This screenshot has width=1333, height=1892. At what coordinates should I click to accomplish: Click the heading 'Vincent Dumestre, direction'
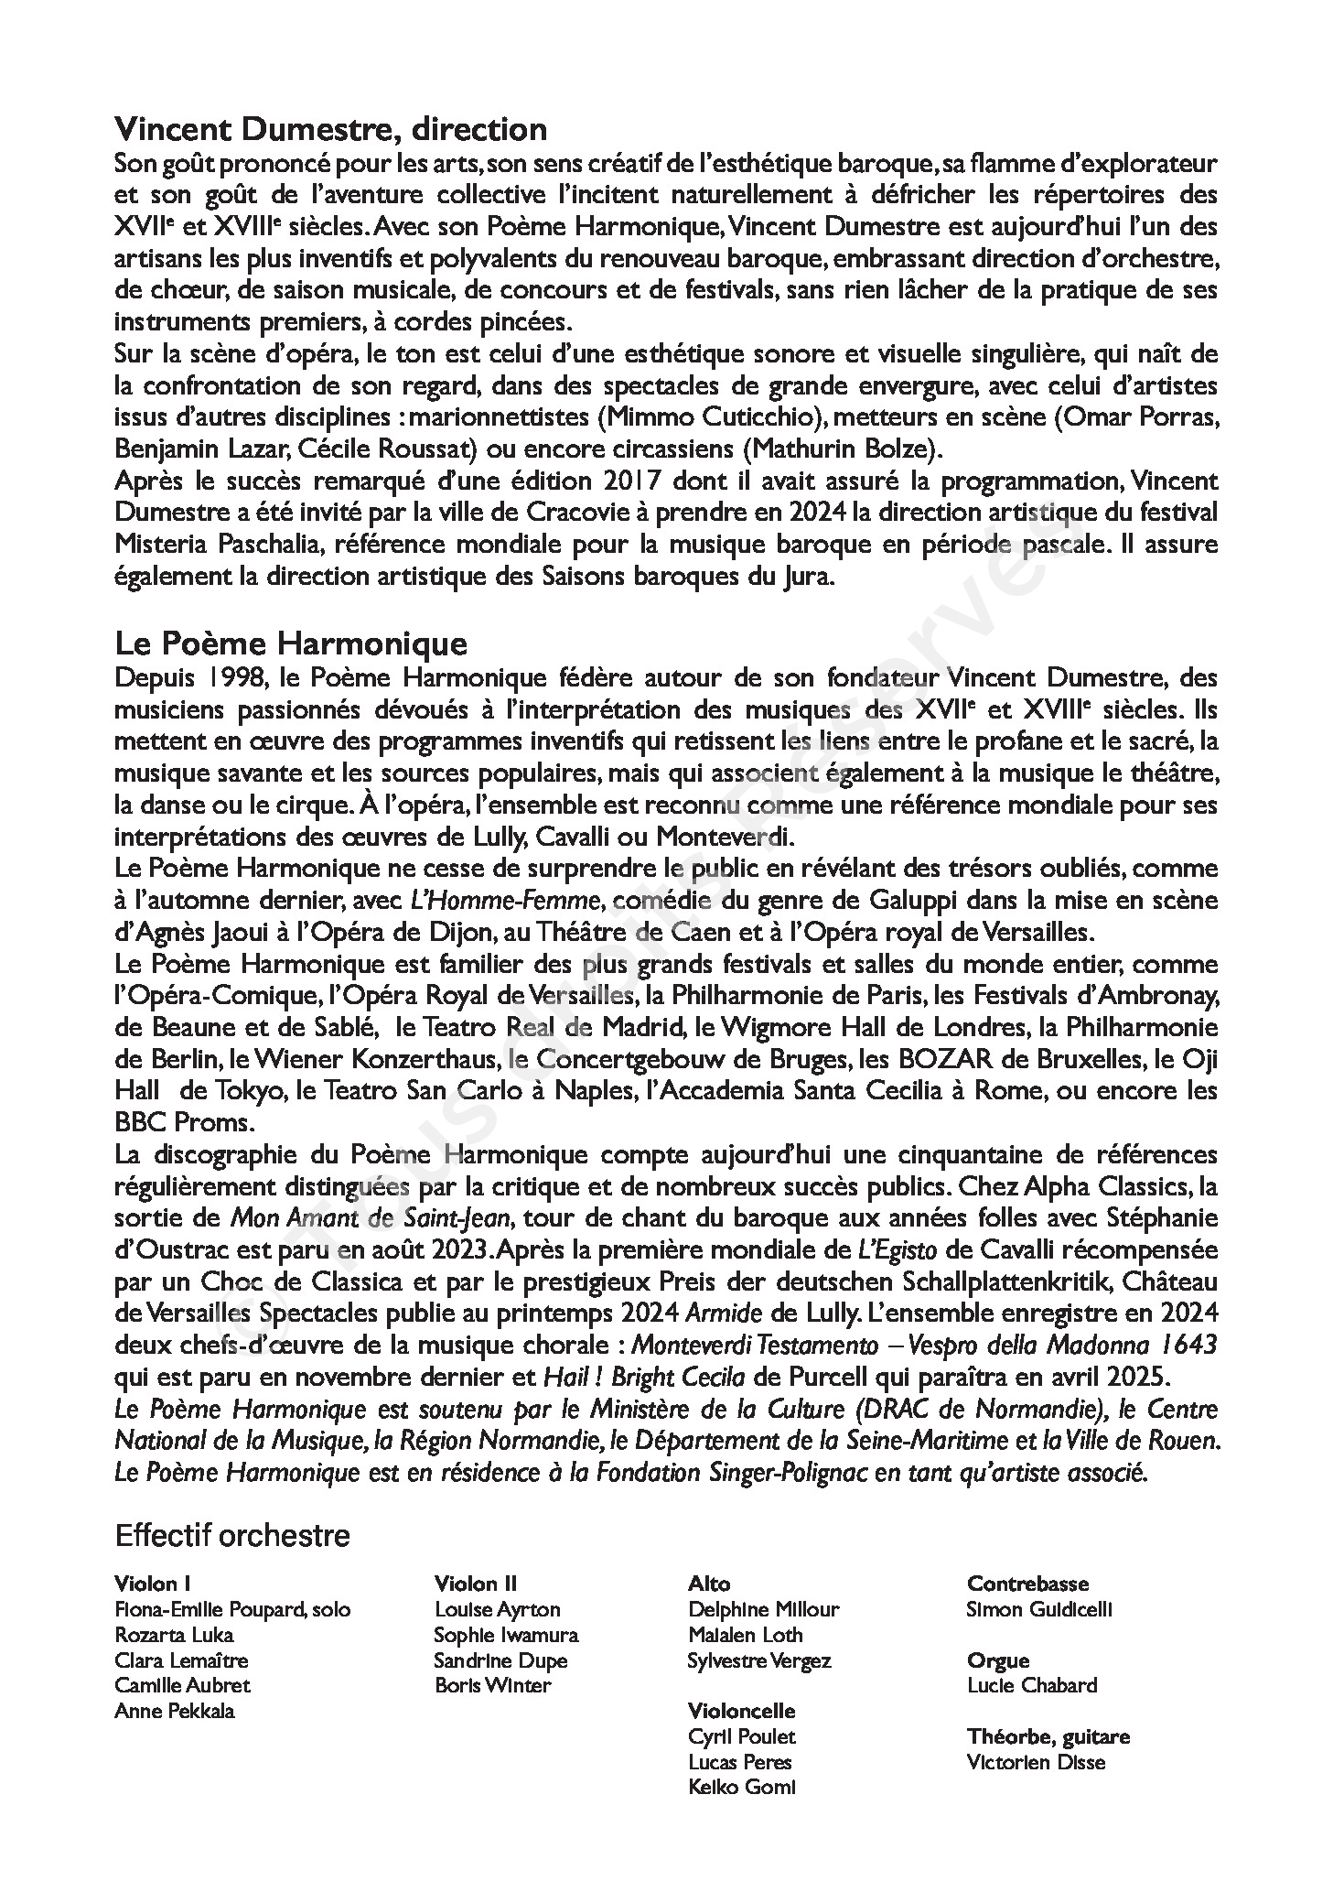coord(330,129)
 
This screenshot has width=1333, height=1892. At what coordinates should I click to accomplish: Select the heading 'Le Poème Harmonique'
coord(291,643)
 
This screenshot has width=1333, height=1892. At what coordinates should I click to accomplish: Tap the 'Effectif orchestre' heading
coord(232,1535)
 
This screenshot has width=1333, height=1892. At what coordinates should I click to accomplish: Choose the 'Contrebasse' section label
coord(1027,1584)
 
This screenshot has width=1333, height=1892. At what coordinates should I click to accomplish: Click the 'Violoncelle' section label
coord(741,1711)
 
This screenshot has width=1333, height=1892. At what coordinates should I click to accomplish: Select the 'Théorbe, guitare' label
coord(1048,1736)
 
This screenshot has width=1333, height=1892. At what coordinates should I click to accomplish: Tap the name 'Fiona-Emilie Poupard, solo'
coord(232,1609)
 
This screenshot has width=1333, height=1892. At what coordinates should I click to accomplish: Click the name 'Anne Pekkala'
coord(174,1711)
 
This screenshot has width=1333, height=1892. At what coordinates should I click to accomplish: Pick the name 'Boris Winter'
coord(493,1685)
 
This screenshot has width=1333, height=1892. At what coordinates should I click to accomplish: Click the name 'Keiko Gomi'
coord(741,1787)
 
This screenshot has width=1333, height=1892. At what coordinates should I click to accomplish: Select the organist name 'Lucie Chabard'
coord(1031,1685)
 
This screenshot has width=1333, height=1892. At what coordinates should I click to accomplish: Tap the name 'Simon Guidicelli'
coord(1038,1609)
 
